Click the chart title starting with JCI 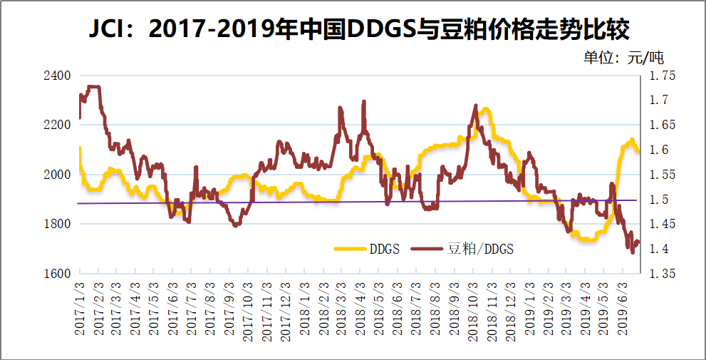click(353, 31)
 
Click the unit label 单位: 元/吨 click(623, 58)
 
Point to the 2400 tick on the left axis click(58, 76)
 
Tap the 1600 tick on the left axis click(58, 274)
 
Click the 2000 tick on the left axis click(58, 175)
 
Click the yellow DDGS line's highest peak click(485, 109)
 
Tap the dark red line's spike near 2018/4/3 click(364, 102)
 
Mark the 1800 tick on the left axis click(58, 224)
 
